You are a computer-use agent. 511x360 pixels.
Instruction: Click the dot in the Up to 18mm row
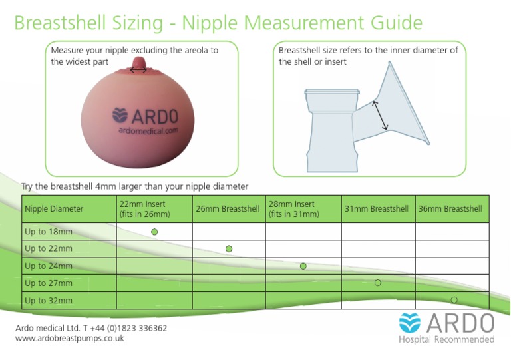154,232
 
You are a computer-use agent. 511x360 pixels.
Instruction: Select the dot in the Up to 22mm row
229,249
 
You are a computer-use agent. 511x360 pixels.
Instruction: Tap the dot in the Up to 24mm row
303,266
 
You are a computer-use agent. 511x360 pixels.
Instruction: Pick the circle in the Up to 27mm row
378,283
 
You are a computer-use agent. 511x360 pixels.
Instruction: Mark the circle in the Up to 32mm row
454,300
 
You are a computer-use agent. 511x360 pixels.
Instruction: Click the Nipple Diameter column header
54,209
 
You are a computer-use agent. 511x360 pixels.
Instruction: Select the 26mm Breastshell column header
228,209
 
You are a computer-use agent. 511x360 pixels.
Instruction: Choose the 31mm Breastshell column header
377,209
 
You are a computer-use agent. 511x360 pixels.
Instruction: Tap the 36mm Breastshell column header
450,209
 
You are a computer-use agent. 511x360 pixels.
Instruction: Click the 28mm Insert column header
294,209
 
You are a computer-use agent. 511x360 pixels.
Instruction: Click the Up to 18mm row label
49,232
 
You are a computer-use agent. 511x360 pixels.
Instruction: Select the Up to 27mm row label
49,283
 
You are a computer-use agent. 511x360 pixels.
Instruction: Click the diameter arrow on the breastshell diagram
381,116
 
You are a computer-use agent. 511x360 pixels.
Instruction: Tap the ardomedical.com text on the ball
148,131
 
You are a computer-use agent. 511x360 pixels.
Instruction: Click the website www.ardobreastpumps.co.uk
70,338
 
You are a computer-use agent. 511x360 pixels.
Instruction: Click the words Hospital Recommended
446,340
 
